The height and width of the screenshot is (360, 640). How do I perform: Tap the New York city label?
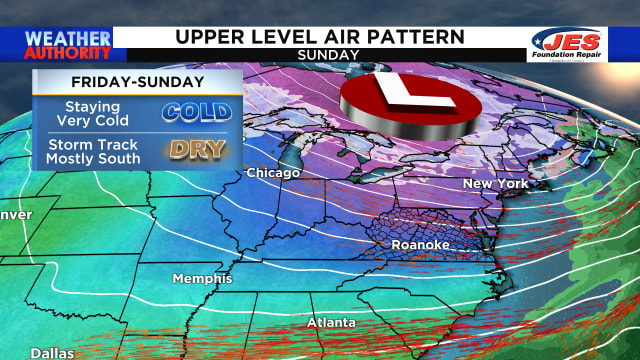[494, 185]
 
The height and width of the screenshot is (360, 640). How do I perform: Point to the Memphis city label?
[202, 278]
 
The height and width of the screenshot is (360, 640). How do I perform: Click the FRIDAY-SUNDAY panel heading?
[137, 83]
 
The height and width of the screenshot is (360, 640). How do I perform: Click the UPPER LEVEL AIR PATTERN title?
[320, 37]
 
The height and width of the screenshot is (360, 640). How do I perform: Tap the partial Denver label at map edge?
[15, 215]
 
